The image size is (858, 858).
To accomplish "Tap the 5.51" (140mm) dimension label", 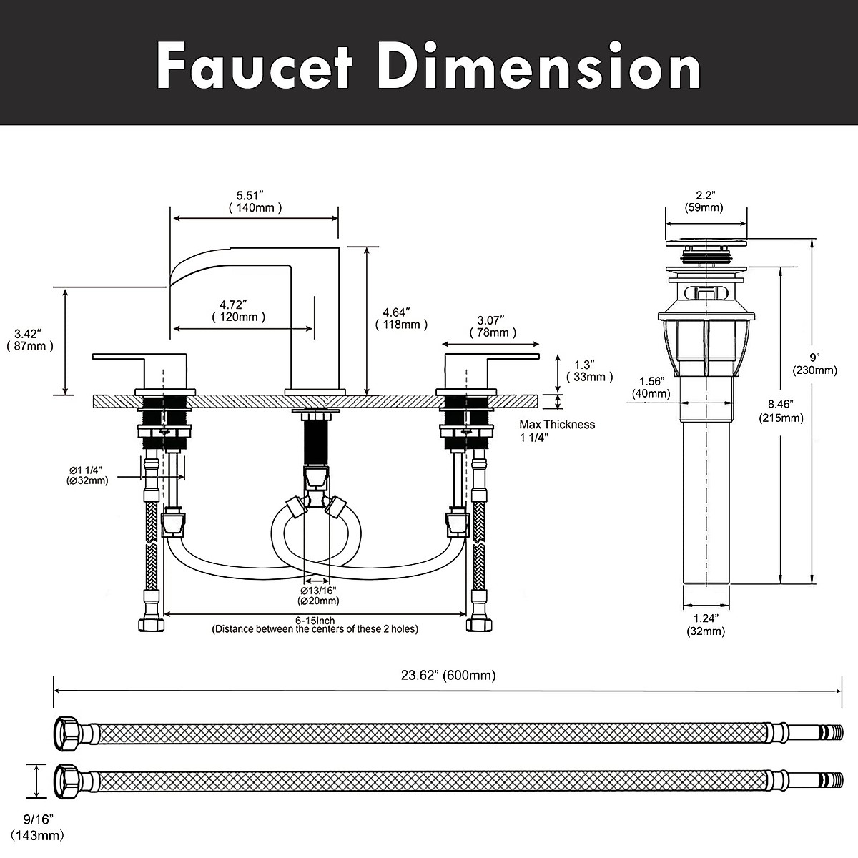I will click(255, 201).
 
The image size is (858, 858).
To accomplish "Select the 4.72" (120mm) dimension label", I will click(239, 310).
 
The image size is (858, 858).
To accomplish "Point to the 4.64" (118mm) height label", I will click(401, 318).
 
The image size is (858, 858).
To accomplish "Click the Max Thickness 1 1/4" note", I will click(557, 431).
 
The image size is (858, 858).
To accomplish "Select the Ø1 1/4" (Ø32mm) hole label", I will click(88, 475).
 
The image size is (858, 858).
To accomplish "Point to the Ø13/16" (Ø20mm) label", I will click(319, 596).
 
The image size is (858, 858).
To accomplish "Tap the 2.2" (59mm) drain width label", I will click(705, 201).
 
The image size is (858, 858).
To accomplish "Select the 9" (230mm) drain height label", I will click(814, 363).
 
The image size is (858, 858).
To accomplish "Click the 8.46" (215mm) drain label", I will click(781, 412).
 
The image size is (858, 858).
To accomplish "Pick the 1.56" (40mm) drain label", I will click(651, 387).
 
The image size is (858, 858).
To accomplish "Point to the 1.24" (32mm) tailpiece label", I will click(705, 624).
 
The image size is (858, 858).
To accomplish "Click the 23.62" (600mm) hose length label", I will click(448, 675).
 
